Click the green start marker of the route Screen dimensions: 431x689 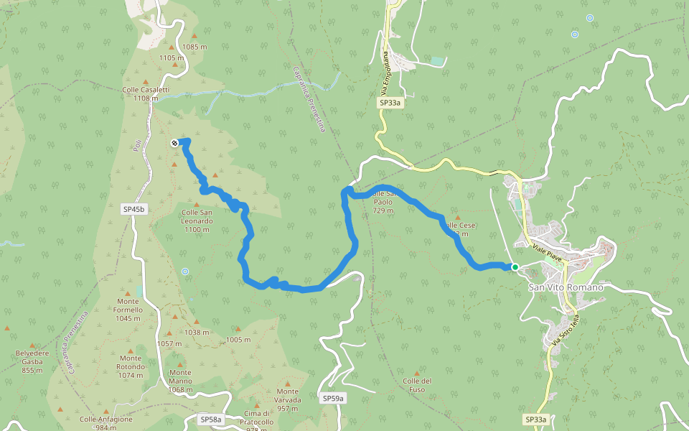tap(515, 267)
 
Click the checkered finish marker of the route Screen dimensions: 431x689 tap(174, 143)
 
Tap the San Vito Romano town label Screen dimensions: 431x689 tap(566, 287)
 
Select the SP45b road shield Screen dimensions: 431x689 tap(134, 209)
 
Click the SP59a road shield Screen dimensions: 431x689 tap(333, 398)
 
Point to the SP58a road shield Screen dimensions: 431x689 tap(211, 419)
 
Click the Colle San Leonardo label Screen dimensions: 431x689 tap(197, 216)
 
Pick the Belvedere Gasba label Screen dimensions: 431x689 tap(32, 358)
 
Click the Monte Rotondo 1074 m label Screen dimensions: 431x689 tap(131, 366)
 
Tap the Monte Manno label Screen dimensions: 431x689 tap(181, 381)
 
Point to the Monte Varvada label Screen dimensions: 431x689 tap(288, 399)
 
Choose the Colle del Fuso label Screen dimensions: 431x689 tap(417, 384)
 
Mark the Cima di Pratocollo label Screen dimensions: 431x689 tap(258, 417)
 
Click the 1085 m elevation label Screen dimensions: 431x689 tap(194, 47)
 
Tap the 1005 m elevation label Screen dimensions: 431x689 tap(238, 340)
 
